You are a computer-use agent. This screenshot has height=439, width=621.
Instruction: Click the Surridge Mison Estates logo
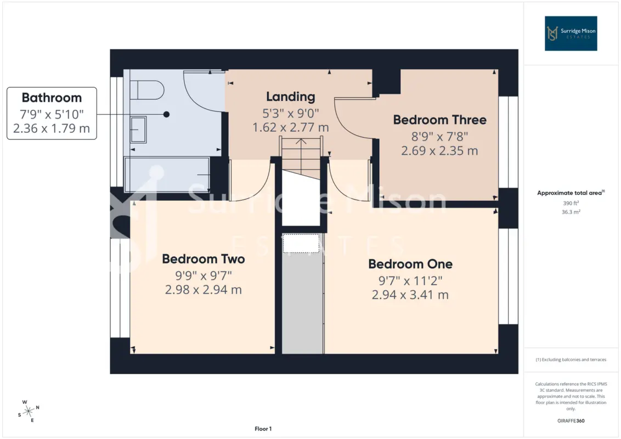(571, 33)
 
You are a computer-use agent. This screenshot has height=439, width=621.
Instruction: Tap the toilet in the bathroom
(147, 90)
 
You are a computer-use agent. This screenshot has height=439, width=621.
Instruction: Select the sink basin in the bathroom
(138, 130)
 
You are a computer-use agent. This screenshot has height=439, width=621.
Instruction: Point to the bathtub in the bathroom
(167, 175)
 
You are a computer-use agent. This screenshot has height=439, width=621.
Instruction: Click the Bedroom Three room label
(439, 120)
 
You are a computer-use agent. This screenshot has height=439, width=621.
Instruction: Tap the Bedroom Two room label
(204, 258)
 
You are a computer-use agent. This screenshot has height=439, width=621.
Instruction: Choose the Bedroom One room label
(410, 264)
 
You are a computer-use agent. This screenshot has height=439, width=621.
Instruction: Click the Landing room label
(291, 97)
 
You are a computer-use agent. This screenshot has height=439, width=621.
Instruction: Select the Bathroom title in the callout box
(52, 98)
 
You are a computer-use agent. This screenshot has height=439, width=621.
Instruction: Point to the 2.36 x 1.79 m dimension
(52, 128)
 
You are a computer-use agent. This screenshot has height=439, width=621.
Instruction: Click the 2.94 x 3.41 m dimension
(410, 295)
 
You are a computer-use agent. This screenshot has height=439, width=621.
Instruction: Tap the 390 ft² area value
(571, 203)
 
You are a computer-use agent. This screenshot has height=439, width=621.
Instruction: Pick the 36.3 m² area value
(571, 212)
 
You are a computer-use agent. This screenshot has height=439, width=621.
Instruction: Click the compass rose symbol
(29, 411)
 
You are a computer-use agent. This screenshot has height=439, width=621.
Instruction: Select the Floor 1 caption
(263, 429)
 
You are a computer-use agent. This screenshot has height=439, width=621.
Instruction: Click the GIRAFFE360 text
(571, 421)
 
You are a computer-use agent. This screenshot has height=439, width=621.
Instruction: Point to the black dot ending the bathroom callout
(166, 115)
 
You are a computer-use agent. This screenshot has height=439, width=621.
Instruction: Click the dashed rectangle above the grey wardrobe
(301, 243)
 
